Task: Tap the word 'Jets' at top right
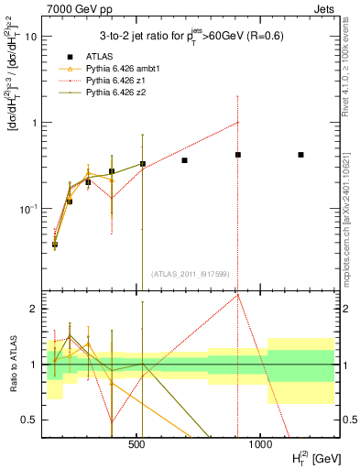tap(322, 8)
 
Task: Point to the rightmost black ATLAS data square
tap(300, 155)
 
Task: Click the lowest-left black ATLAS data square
tap(55, 245)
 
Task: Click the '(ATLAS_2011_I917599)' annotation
tap(190, 273)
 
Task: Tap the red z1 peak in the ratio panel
tap(238, 294)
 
